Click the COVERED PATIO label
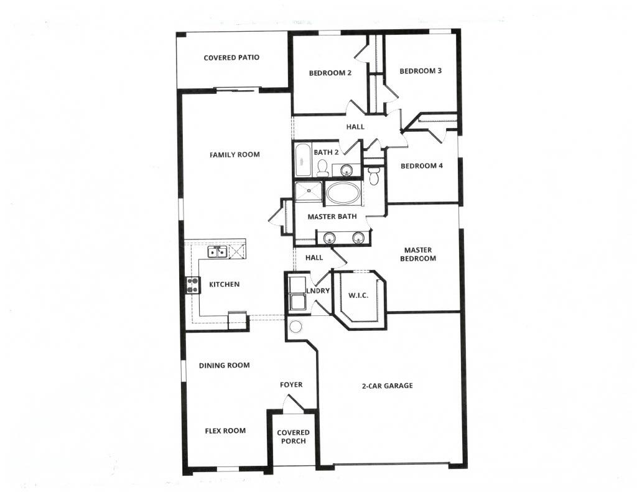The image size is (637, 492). tap(231, 58)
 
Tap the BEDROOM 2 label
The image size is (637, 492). tap(330, 73)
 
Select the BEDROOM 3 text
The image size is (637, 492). tap(421, 71)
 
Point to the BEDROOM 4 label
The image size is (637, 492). tap(421, 166)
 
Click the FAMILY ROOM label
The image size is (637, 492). tap(235, 155)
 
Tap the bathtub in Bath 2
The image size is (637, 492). tap(303, 161)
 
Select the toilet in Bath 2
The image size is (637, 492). tap(322, 167)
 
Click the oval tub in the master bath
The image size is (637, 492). tap(343, 193)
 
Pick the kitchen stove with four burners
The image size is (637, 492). tap(192, 285)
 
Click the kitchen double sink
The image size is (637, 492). tap(216, 251)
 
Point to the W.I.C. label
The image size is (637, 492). tap(358, 295)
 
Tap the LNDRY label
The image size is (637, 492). tap(317, 290)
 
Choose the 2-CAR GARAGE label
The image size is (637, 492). tap(387, 386)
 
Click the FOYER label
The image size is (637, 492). tap(291, 385)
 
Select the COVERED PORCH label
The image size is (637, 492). tap(293, 437)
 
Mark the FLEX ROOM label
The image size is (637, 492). tap(225, 430)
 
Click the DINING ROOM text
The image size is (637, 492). tap(225, 365)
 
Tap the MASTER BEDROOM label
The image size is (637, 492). tap(417, 254)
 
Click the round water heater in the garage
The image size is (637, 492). tap(295, 327)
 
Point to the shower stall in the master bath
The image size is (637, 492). tap(309, 192)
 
